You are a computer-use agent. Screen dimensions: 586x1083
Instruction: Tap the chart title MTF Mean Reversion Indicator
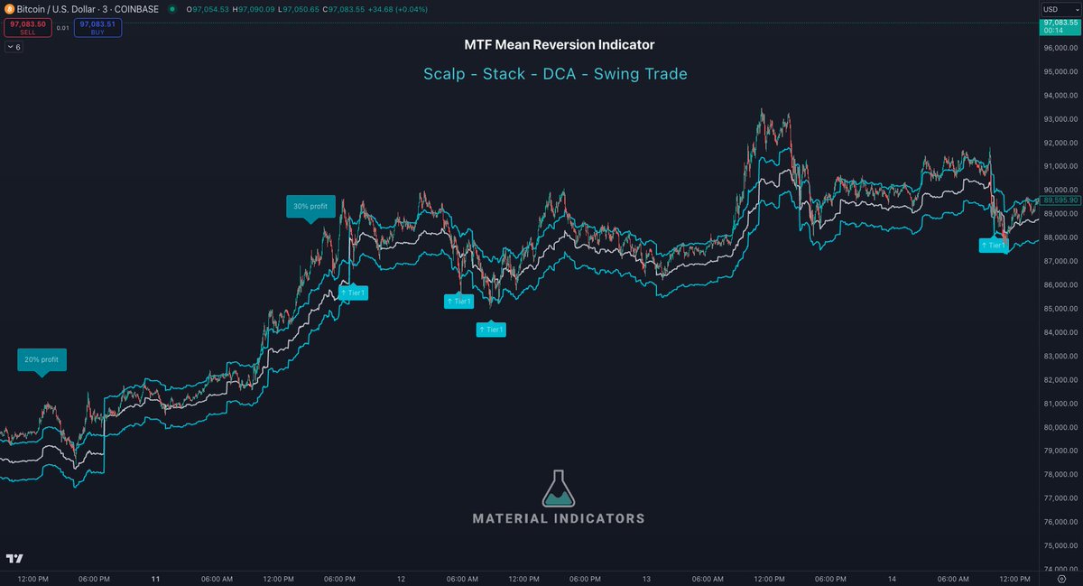pyautogui.click(x=560, y=44)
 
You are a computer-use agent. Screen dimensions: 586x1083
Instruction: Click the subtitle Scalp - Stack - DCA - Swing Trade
pyautogui.click(x=555, y=74)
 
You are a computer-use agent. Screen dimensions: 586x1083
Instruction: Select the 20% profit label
pyautogui.click(x=42, y=359)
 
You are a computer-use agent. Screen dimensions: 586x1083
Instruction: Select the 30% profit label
pyautogui.click(x=311, y=206)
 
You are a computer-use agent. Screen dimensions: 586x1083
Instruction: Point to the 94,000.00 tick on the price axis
pyautogui.click(x=1058, y=95)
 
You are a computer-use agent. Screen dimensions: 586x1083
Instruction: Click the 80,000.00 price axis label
pyautogui.click(x=1058, y=427)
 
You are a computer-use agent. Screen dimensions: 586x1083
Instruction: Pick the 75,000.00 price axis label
pyautogui.click(x=1058, y=545)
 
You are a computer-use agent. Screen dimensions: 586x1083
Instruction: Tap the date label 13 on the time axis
pyautogui.click(x=646, y=578)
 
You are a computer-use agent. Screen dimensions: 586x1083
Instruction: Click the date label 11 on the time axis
pyautogui.click(x=155, y=578)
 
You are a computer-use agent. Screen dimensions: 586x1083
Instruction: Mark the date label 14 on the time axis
pyautogui.click(x=892, y=578)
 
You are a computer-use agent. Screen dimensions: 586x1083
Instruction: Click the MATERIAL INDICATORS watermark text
pyautogui.click(x=559, y=518)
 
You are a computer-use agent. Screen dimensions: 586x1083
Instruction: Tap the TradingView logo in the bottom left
pyautogui.click(x=14, y=559)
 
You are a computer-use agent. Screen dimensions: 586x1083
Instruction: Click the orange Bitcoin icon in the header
pyautogui.click(x=8, y=9)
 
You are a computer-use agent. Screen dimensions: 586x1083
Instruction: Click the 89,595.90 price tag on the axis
pyautogui.click(x=1058, y=200)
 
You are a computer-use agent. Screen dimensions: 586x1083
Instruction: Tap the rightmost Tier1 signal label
pyautogui.click(x=995, y=245)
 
